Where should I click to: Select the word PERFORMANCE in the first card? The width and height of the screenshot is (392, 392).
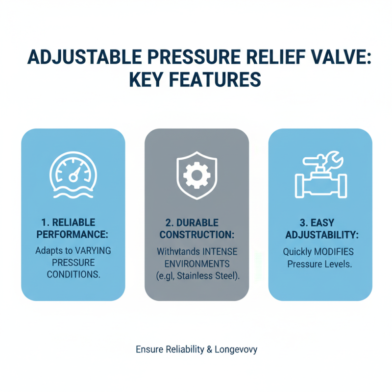(73, 235)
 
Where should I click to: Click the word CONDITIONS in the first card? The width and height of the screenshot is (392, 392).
(73, 274)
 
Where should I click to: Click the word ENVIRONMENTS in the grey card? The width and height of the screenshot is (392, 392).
(196, 264)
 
